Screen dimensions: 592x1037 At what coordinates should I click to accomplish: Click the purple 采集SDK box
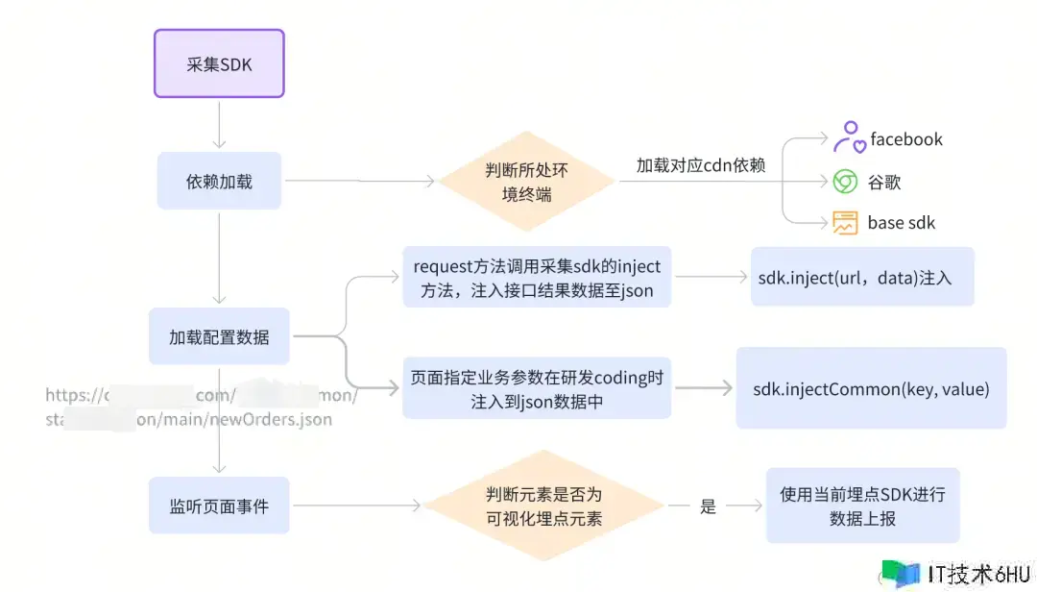219,63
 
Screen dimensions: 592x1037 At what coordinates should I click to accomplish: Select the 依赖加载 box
219,181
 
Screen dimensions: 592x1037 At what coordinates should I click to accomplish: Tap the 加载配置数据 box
219,336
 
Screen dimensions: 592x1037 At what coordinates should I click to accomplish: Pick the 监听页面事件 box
219,506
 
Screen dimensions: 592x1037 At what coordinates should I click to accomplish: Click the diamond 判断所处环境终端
527,181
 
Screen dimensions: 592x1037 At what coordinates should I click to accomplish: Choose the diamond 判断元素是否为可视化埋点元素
544,506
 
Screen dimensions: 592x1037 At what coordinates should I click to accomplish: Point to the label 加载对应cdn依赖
701,165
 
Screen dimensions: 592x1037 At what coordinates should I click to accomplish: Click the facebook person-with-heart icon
847,138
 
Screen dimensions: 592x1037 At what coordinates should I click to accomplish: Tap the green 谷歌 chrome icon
845,182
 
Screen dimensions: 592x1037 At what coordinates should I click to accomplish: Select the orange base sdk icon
845,223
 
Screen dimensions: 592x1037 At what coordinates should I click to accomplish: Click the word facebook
906,139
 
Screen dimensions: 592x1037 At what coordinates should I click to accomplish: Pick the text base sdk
901,223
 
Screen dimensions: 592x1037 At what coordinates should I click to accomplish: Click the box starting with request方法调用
537,277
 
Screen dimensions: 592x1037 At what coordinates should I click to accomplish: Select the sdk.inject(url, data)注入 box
862,278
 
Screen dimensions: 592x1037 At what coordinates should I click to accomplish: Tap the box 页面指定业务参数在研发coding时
537,389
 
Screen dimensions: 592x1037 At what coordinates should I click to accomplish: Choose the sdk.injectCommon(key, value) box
871,388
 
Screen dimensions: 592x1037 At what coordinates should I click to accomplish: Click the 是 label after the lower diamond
709,506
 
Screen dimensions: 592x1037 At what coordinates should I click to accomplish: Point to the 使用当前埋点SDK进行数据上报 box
861,506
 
